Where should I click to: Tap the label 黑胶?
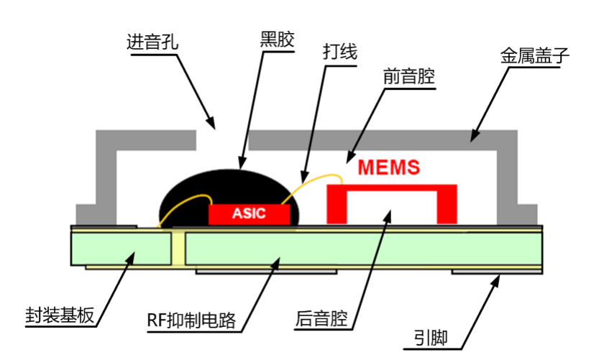click(x=277, y=40)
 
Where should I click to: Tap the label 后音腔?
click(x=321, y=318)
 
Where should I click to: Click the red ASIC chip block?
click(x=249, y=213)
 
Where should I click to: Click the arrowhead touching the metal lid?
click(x=475, y=135)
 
